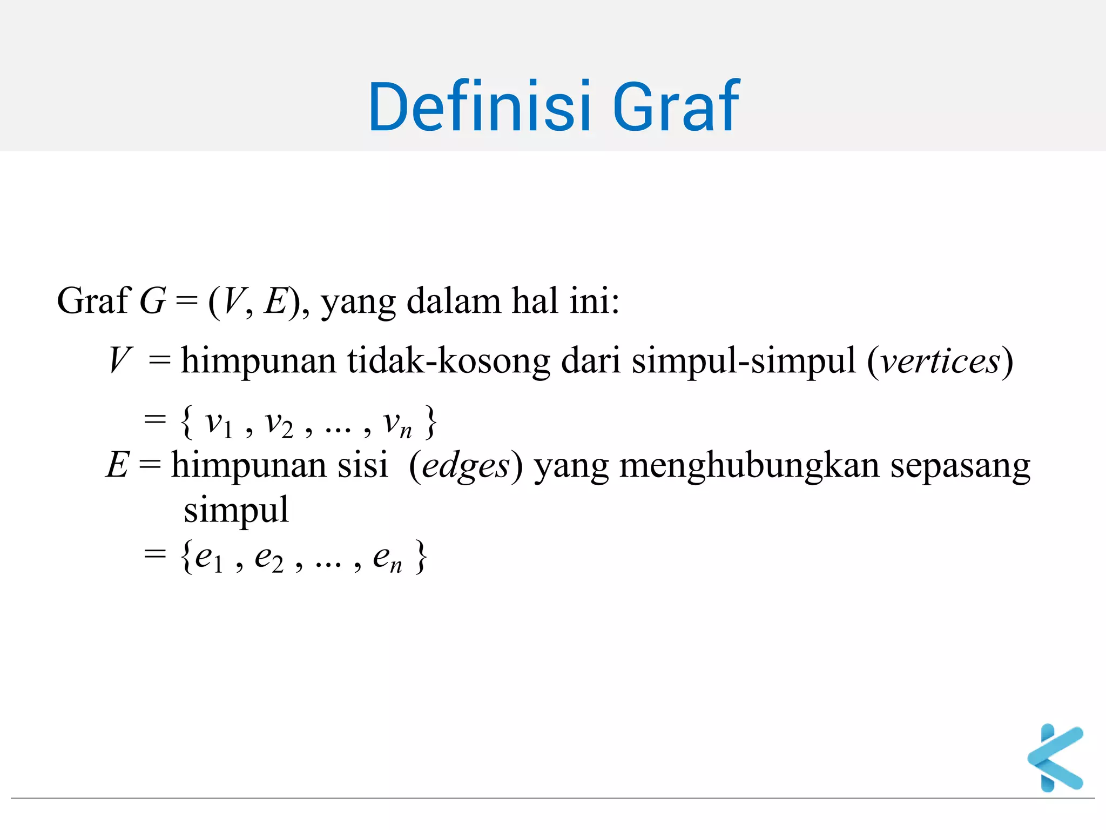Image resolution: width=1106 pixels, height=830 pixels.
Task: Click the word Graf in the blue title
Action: (675, 106)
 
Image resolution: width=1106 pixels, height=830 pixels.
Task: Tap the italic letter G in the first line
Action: (153, 301)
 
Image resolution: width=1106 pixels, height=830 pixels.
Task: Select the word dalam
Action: (453, 301)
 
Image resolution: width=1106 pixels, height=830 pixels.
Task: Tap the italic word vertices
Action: (940, 361)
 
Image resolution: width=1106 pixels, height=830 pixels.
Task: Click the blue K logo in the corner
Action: (1056, 758)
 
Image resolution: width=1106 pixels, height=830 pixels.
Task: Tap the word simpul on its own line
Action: (236, 510)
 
